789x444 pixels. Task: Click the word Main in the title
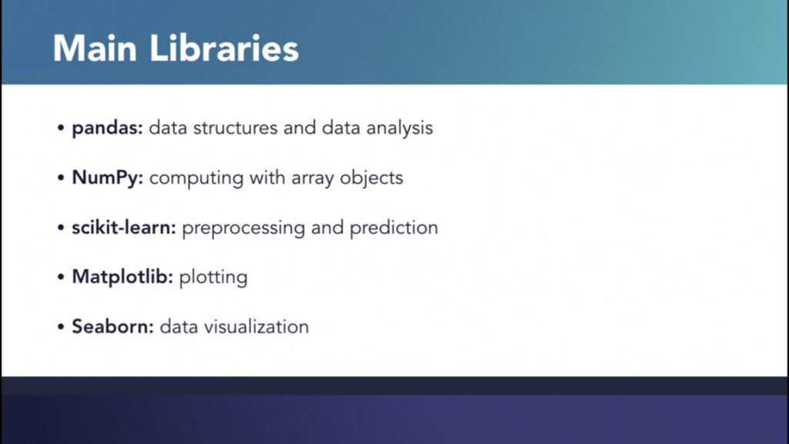pos(95,49)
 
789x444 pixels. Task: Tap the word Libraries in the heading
pos(224,49)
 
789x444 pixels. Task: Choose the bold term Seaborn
pos(112,327)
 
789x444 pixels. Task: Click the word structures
pos(235,128)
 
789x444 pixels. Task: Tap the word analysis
pos(400,129)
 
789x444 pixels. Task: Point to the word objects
pos(371,178)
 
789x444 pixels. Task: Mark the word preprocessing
pos(243,228)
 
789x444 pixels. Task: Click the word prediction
pos(394,228)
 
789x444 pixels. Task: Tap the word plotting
pos(213,277)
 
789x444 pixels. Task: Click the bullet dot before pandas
pos(61,129)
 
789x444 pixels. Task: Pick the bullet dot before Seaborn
pos(61,327)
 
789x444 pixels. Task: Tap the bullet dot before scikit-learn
pos(61,227)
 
